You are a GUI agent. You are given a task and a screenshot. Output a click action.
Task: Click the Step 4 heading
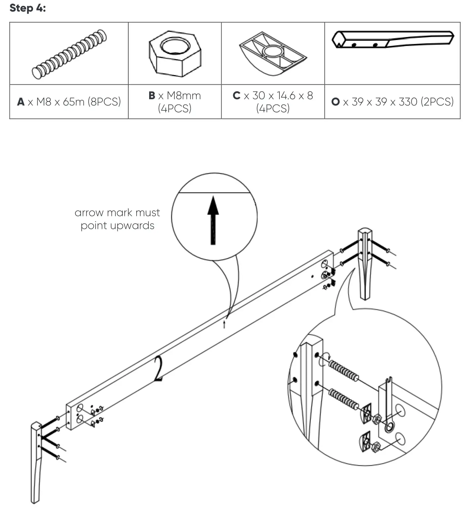pyautogui.click(x=28, y=8)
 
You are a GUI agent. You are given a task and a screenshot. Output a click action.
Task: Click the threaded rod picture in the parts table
pyautogui.click(x=69, y=54)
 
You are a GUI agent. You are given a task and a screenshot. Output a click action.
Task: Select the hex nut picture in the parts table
pyautogui.click(x=175, y=54)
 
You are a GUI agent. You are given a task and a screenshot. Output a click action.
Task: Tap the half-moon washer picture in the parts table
pyautogui.click(x=273, y=54)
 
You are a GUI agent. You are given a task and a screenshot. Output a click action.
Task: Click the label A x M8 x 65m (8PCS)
pyautogui.click(x=69, y=102)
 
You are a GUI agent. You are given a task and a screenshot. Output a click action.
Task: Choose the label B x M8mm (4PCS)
pyautogui.click(x=175, y=102)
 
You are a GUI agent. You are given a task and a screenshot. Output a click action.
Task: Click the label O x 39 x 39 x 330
pyautogui.click(x=393, y=102)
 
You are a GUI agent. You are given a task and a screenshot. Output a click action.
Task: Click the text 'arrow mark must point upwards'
pyautogui.click(x=117, y=219)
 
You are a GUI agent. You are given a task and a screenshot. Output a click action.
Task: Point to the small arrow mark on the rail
pyautogui.click(x=224, y=324)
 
